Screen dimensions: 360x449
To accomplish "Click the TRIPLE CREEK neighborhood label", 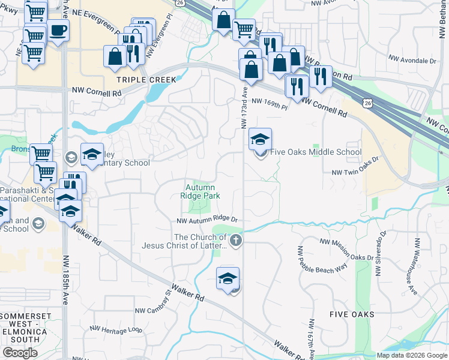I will click(x=146, y=80).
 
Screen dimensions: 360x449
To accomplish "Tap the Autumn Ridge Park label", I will click(x=200, y=191).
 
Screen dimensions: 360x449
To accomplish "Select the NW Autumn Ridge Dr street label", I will click(x=207, y=221).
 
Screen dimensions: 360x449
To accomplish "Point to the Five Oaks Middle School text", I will click(x=316, y=152).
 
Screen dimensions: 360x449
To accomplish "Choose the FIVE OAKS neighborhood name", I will click(x=352, y=314).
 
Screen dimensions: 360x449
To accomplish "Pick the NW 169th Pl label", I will click(x=270, y=103).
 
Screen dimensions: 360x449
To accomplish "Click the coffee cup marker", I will click(x=58, y=31).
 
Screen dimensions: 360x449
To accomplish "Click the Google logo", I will click(x=20, y=353).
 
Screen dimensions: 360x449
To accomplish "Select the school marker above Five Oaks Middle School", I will click(x=260, y=139).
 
